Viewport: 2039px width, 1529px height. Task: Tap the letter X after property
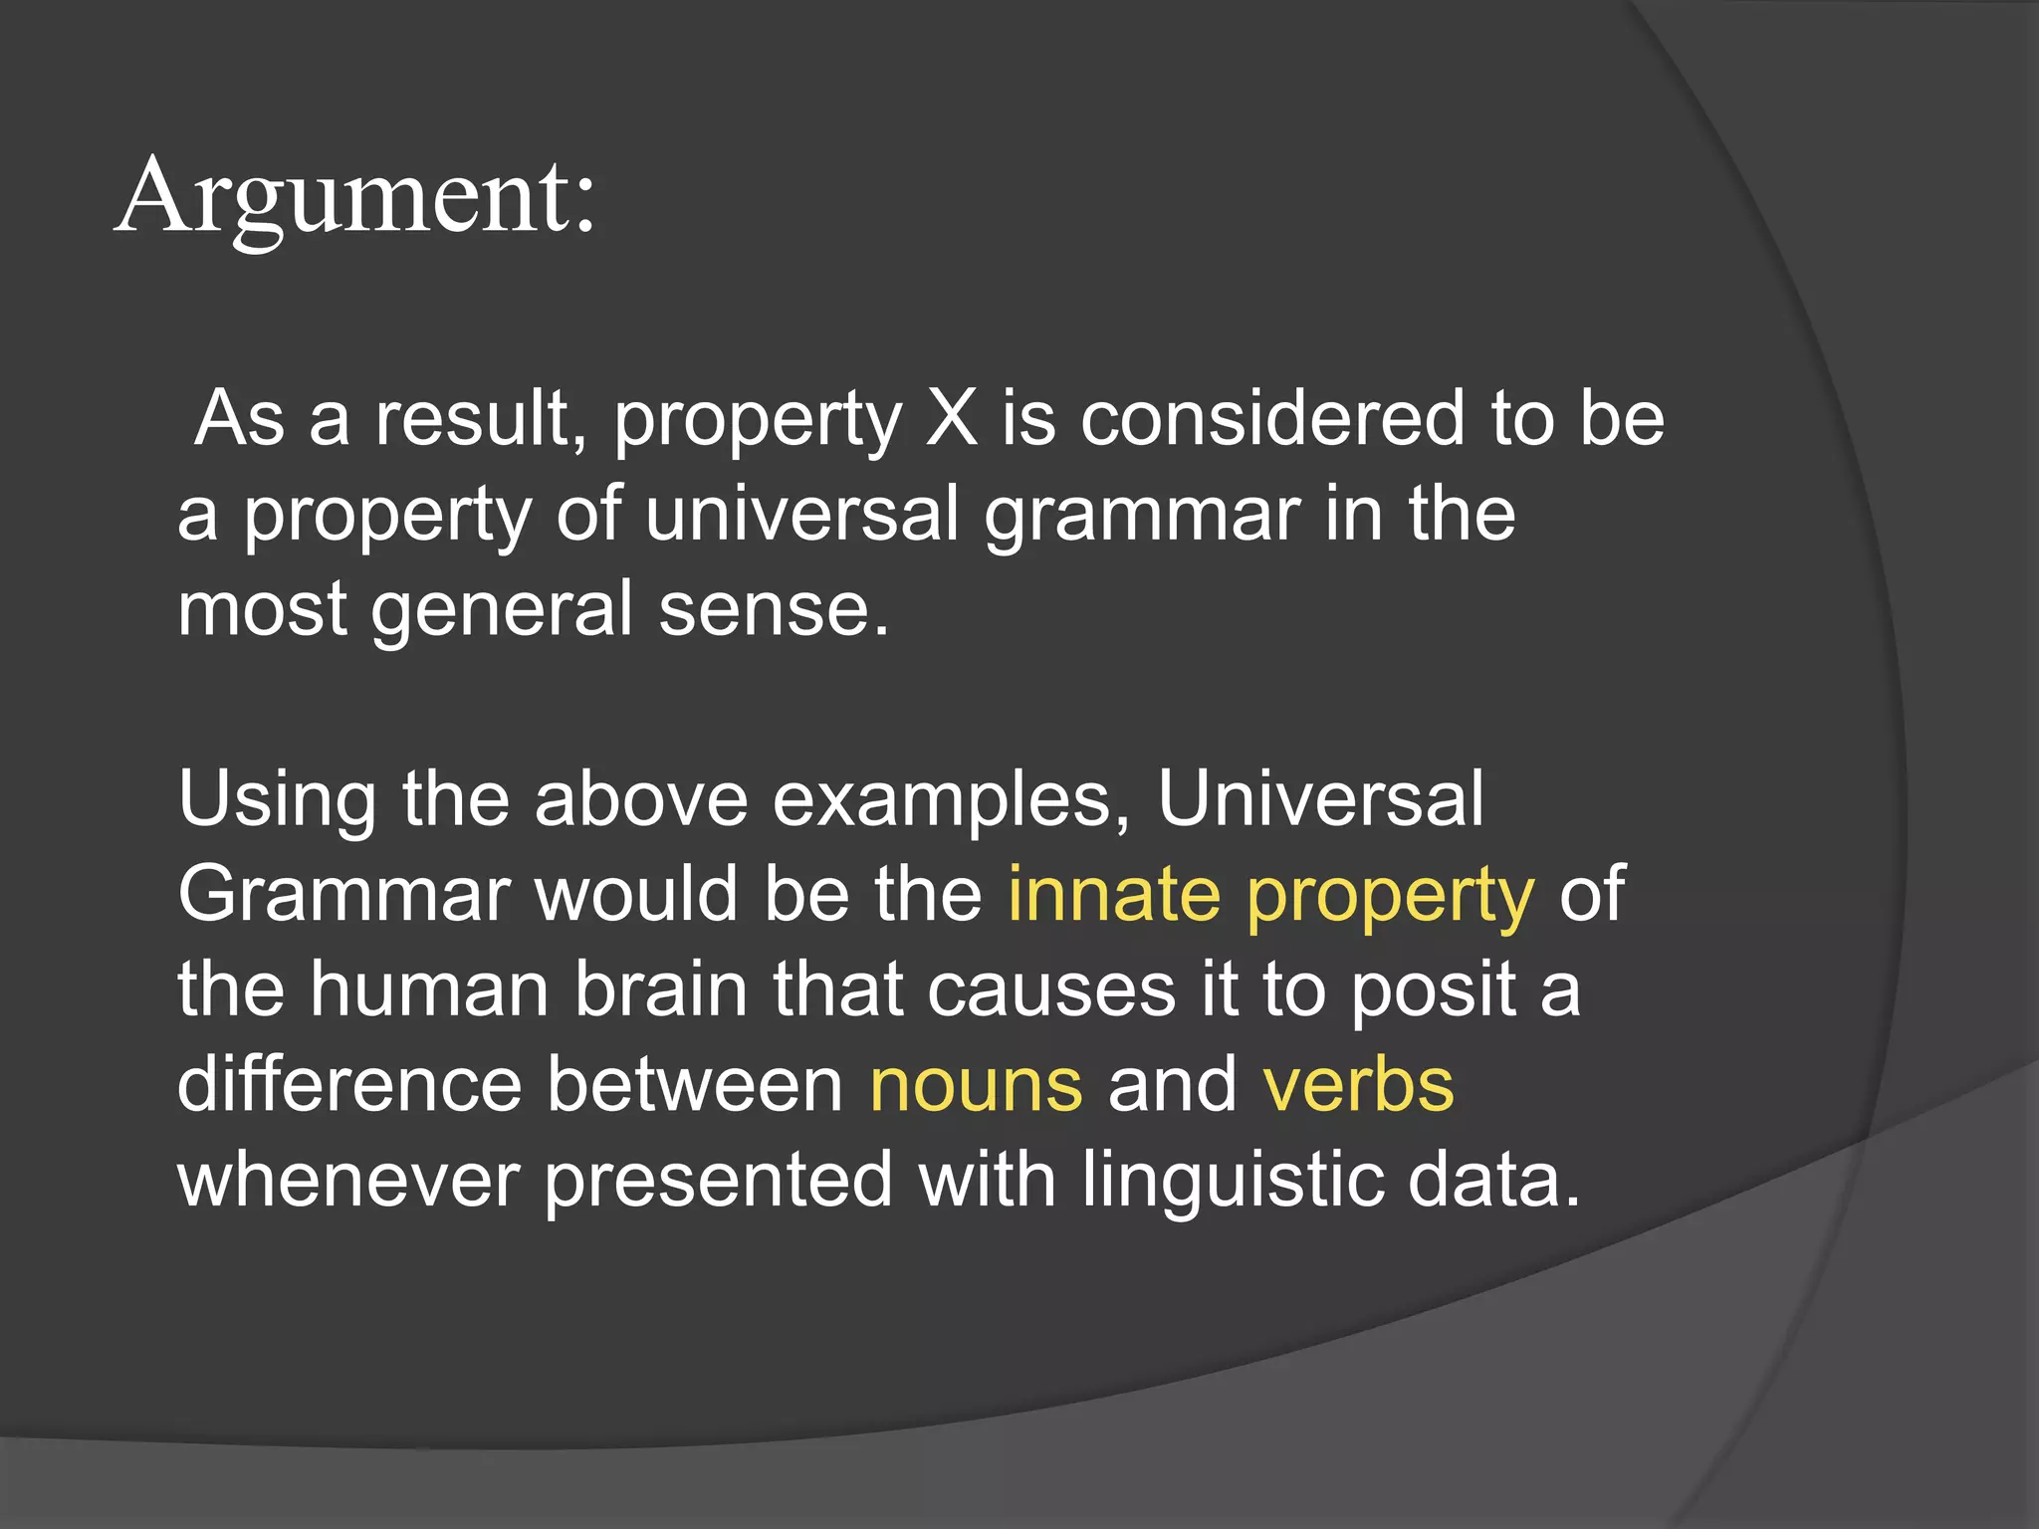pyautogui.click(x=951, y=418)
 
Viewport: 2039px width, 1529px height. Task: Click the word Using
pyautogui.click(x=277, y=799)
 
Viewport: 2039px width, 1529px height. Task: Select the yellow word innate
pyautogui.click(x=1114, y=894)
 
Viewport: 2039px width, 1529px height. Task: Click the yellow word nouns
pyautogui.click(x=976, y=1084)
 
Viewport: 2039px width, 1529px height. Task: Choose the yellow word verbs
pyautogui.click(x=1358, y=1084)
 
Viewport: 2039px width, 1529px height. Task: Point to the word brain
pyautogui.click(x=660, y=989)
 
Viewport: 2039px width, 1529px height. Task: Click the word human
pyautogui.click(x=428, y=989)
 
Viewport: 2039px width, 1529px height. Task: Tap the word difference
pyautogui.click(x=348, y=1084)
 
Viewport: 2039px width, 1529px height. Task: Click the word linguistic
pyautogui.click(x=1232, y=1180)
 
